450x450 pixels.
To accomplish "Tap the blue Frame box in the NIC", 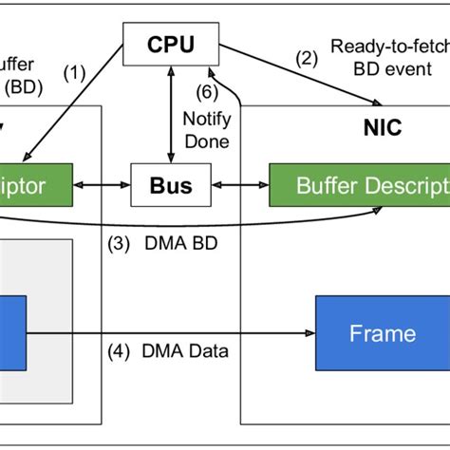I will pos(383,332).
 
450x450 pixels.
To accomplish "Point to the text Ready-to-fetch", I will pos(390,45).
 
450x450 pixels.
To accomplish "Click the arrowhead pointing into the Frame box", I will pos(310,332).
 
